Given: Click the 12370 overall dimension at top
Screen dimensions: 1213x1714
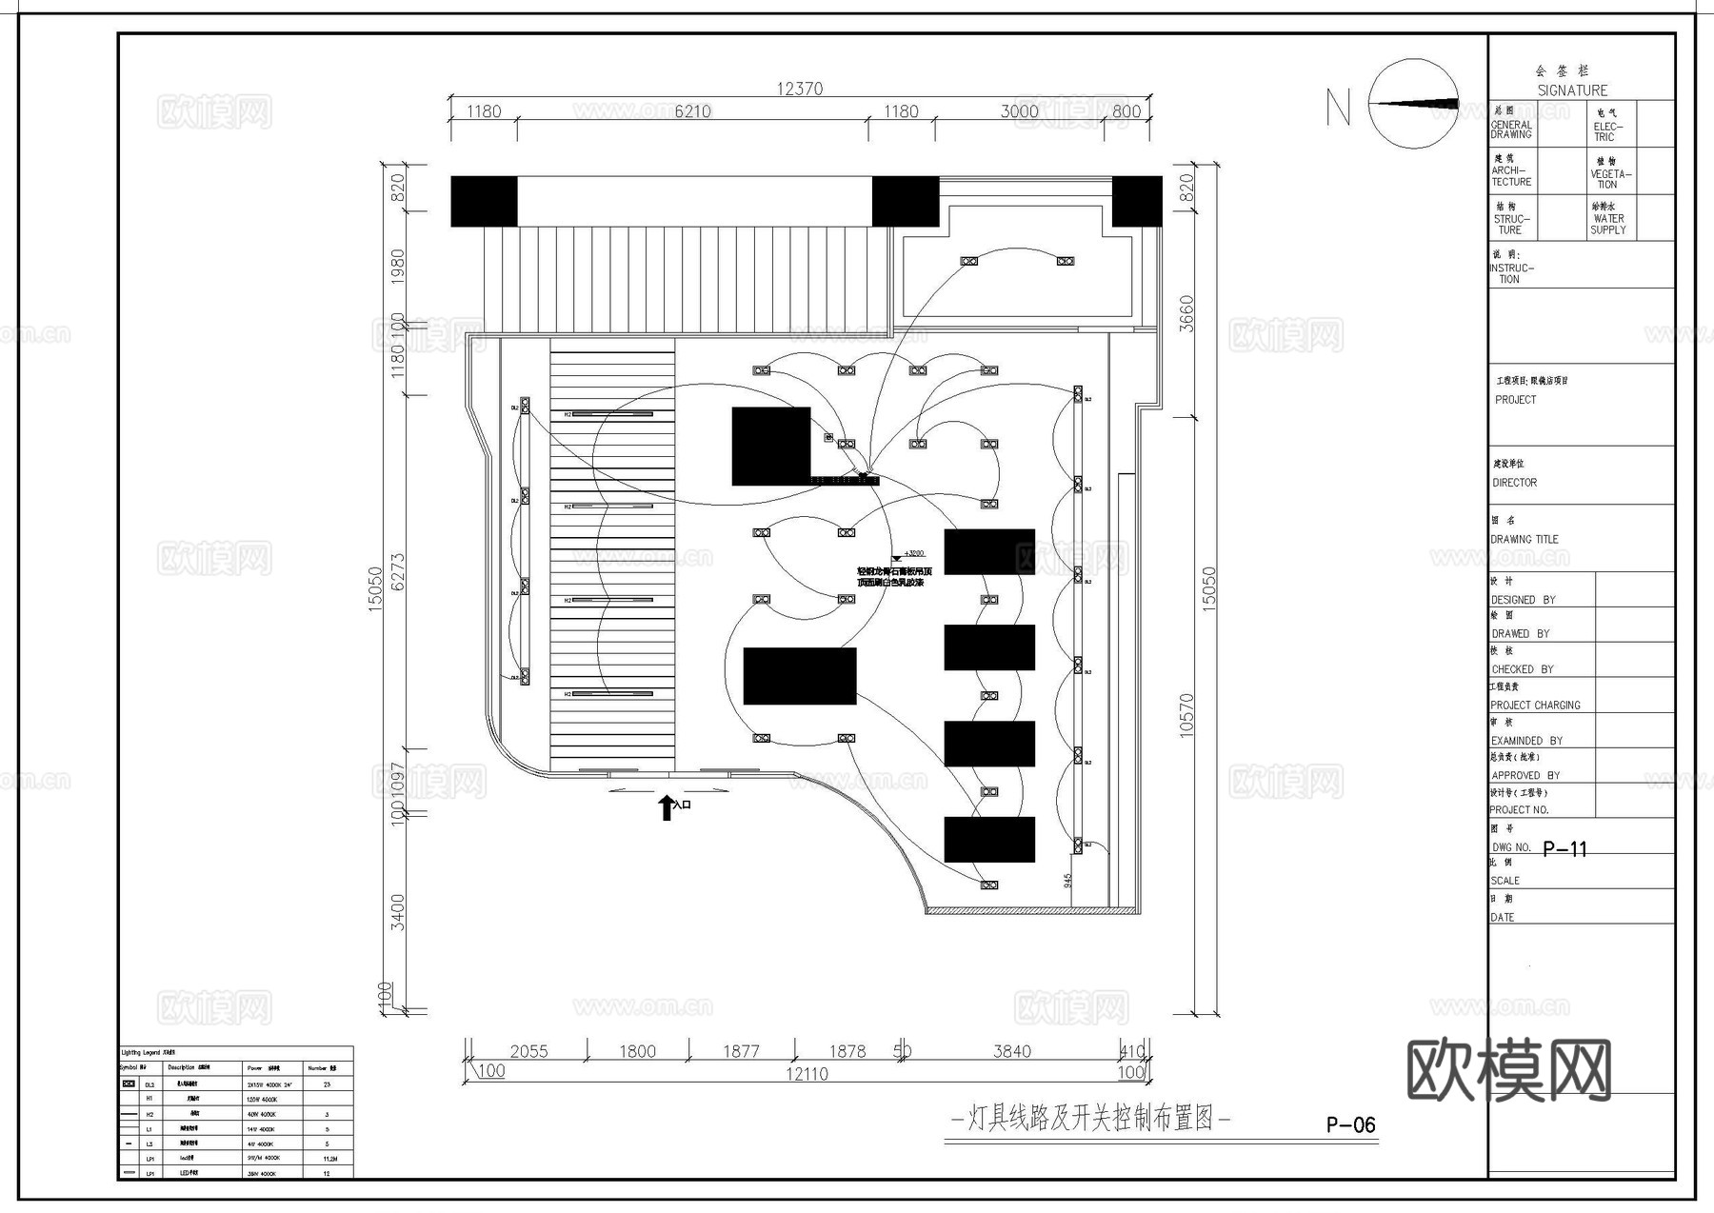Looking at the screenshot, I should tap(799, 89).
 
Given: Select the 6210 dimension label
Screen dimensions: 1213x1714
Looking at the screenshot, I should tap(692, 111).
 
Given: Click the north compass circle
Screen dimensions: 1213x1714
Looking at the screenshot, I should tap(1413, 104).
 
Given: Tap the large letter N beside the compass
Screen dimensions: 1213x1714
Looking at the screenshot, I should tap(1338, 107).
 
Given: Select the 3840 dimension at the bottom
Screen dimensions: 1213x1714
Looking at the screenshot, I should tap(1011, 1051).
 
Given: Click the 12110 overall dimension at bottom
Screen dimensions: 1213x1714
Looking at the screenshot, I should tap(807, 1074).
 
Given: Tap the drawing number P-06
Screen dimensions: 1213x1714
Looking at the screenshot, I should tap(1350, 1125).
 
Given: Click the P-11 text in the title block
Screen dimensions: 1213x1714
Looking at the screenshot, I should tap(1565, 848).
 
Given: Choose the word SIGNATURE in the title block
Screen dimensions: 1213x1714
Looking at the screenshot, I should tap(1572, 90).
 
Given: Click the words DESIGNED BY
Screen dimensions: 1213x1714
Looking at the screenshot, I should tap(1523, 600).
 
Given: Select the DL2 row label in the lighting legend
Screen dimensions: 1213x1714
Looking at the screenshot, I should tap(149, 1084).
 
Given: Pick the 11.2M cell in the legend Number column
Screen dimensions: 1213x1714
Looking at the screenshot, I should tap(330, 1159).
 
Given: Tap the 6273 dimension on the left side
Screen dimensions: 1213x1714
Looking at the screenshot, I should tap(398, 571).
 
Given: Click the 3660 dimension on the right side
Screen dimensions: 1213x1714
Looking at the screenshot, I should tap(1186, 314).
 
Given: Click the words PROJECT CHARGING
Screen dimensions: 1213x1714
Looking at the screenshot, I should tap(1535, 706).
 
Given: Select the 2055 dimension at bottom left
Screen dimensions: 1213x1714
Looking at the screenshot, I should tap(528, 1051).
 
